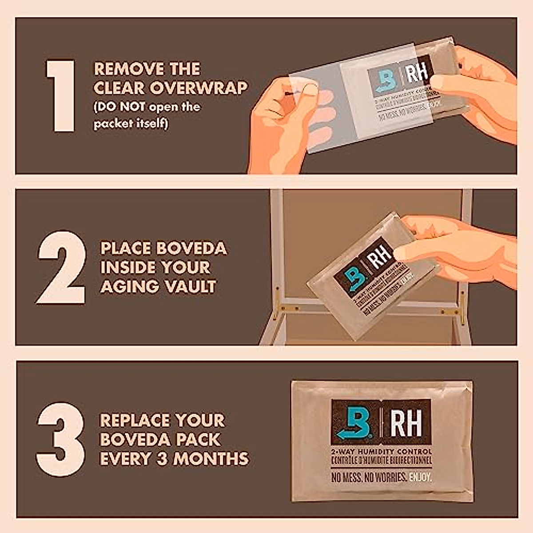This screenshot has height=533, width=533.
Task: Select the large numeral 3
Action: point(61,439)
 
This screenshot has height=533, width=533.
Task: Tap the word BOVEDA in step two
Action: point(191,248)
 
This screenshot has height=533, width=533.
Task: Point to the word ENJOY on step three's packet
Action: point(420,477)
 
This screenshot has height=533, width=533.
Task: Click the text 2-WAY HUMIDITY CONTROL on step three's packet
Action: point(381,451)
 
